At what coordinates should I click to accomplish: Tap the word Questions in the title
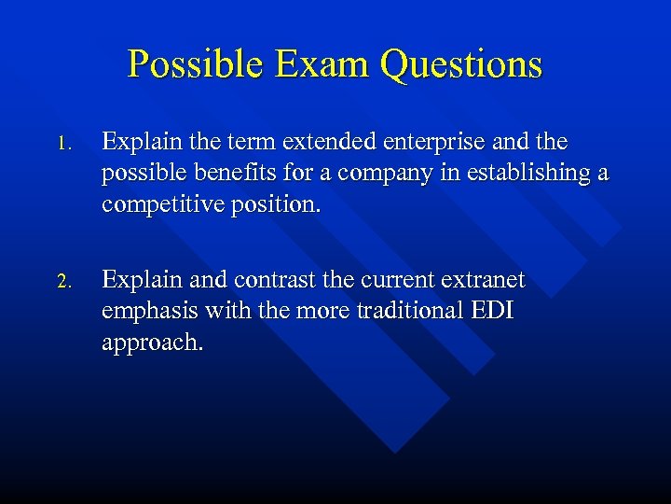(x=460, y=64)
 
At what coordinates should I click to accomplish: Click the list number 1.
(x=62, y=145)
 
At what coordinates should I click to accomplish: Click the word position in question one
(x=275, y=204)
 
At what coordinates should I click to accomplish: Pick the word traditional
(x=404, y=311)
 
